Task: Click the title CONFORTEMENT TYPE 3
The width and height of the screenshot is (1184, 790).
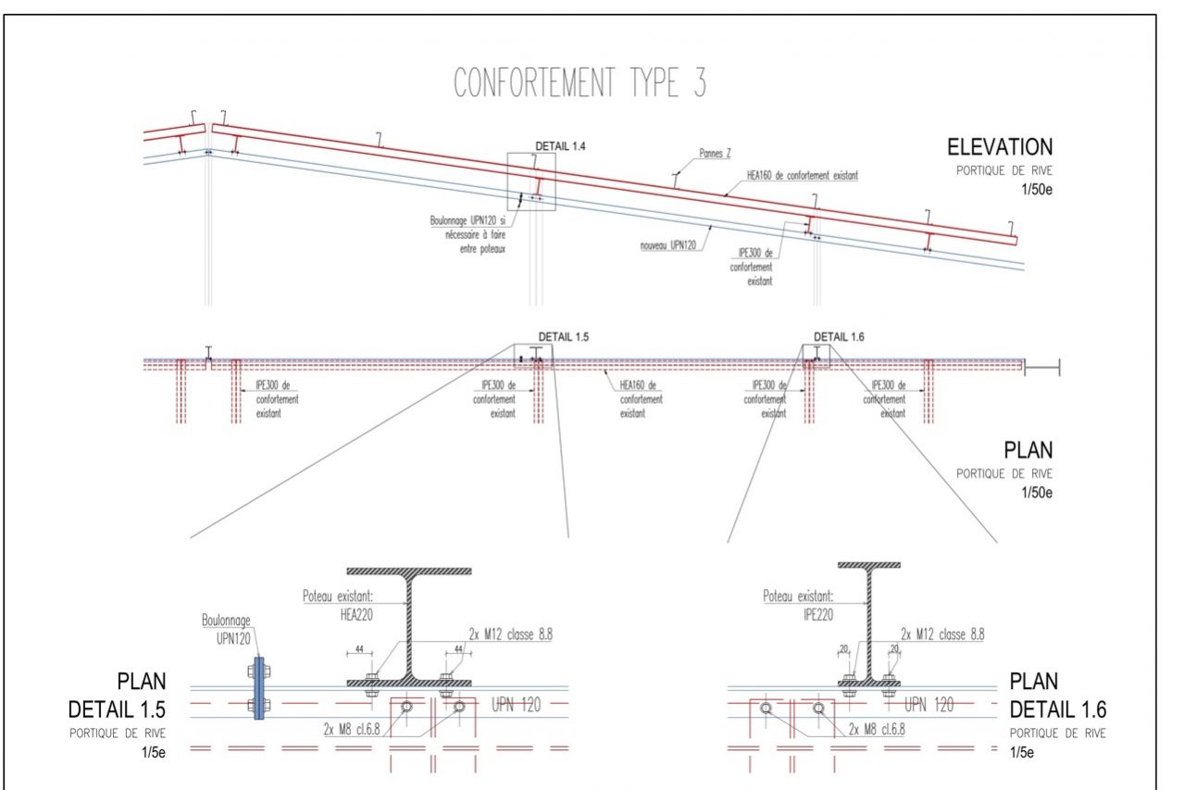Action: [580, 83]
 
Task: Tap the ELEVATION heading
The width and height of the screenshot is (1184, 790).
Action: [999, 147]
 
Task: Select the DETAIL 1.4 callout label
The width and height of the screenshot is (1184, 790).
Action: [561, 146]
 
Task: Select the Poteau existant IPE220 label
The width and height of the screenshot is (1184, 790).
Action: [798, 604]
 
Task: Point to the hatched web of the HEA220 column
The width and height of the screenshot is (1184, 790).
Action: [407, 627]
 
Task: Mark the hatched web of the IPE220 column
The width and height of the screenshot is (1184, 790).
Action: [869, 621]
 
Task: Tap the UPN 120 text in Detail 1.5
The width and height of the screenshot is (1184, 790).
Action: [516, 705]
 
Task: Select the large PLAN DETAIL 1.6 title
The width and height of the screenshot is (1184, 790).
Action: [1057, 696]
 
